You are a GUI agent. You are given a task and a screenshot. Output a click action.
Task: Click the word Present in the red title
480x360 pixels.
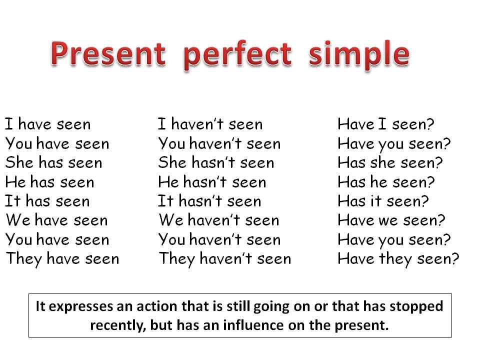(107, 54)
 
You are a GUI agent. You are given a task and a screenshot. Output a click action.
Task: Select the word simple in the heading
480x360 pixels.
(358, 54)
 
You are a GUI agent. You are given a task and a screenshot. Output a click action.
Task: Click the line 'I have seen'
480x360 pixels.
(48, 124)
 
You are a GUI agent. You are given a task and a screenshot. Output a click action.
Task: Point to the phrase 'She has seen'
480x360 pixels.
(53, 162)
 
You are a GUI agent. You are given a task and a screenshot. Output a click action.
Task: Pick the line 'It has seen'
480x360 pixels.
(47, 201)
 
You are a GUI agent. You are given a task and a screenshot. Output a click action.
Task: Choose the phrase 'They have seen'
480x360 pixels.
(62, 259)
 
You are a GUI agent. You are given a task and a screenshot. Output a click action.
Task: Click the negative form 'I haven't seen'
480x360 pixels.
(210, 124)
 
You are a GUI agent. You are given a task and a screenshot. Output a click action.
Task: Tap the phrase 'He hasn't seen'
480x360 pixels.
(212, 182)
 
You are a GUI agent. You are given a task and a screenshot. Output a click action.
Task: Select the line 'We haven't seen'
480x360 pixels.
(218, 220)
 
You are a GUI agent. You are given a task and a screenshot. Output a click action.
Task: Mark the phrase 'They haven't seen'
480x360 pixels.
(224, 259)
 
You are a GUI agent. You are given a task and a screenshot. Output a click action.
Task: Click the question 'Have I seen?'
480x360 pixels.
(386, 124)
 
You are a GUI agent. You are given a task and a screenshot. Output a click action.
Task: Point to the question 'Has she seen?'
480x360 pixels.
(390, 162)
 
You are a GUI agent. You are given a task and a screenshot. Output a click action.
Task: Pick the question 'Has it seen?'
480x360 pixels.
(383, 201)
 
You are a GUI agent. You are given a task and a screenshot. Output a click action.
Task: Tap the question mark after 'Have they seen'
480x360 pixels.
(454, 259)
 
